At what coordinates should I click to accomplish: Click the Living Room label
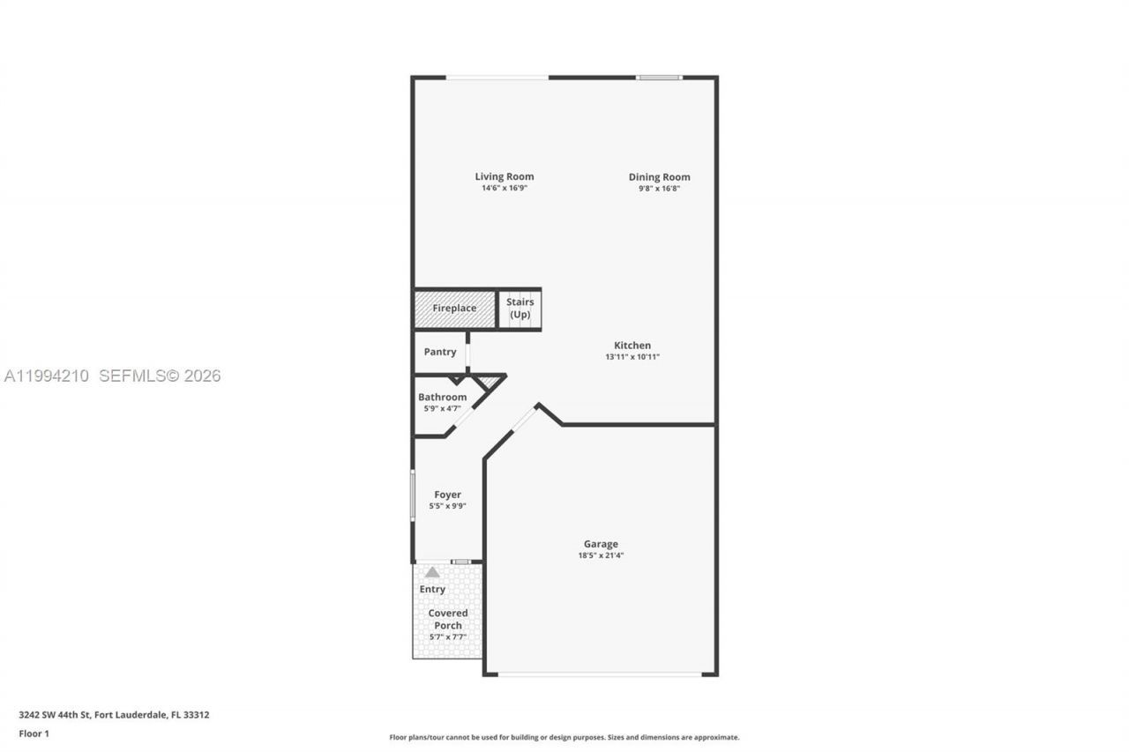[x=504, y=176]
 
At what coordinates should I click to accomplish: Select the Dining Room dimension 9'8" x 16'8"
[x=659, y=189]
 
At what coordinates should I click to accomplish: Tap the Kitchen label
[x=632, y=346]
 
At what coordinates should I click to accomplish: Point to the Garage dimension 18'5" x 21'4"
[x=601, y=555]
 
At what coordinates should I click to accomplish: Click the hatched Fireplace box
[x=454, y=309]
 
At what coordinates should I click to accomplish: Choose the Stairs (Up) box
[x=520, y=309]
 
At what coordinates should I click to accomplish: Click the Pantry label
[x=439, y=352]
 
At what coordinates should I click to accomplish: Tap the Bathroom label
[x=442, y=397]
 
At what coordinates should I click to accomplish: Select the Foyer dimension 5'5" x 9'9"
[x=447, y=506]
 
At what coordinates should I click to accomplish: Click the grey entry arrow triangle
[x=432, y=572]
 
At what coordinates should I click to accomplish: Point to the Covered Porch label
[x=448, y=619]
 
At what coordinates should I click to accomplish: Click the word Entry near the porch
[x=432, y=589]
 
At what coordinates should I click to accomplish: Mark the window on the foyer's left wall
[x=412, y=495]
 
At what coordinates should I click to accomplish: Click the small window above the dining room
[x=659, y=78]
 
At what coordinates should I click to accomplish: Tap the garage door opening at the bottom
[x=600, y=674]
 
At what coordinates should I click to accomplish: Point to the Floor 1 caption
[x=34, y=733]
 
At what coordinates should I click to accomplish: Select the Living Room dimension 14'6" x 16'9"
[x=504, y=189]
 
